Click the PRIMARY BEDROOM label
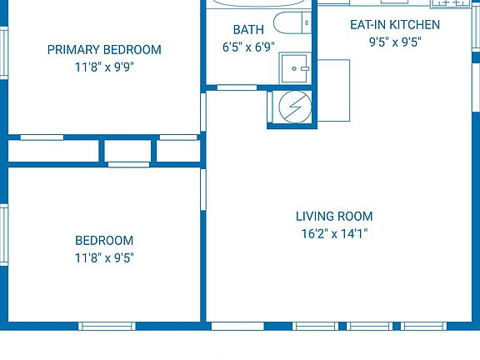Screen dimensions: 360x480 (x=104, y=49)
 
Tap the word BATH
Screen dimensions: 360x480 (x=248, y=30)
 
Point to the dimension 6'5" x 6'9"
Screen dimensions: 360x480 (x=248, y=47)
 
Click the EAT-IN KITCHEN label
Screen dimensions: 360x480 (x=394, y=25)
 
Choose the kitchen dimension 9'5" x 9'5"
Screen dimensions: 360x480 (x=394, y=42)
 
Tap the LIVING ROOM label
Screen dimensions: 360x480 (x=333, y=216)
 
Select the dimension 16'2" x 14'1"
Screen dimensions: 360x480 (x=333, y=234)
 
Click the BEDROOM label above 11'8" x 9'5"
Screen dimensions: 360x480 (x=104, y=240)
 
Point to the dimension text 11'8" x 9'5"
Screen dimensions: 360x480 (x=104, y=258)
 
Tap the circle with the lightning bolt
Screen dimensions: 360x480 (x=292, y=107)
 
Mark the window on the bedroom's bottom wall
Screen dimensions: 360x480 (x=107, y=325)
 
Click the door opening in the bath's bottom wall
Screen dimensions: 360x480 (x=237, y=87)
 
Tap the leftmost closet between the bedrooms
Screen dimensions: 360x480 (x=54, y=151)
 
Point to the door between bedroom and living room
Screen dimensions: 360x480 (x=202, y=187)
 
